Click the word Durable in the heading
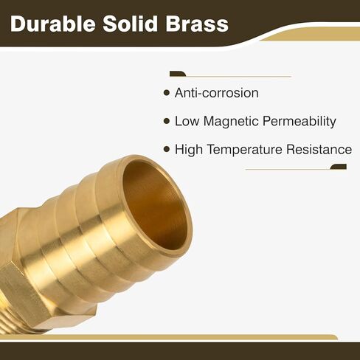tap(53, 24)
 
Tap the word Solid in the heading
tap(130, 24)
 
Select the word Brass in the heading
tap(197, 24)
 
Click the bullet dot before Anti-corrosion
tap(167, 93)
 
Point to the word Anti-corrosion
tap(217, 93)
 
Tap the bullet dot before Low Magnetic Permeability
tap(167, 121)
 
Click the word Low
tap(187, 121)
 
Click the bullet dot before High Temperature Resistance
tap(167, 149)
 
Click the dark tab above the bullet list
tap(178, 74)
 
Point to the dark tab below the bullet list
tap(339, 167)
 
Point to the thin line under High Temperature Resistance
tap(288, 170)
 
